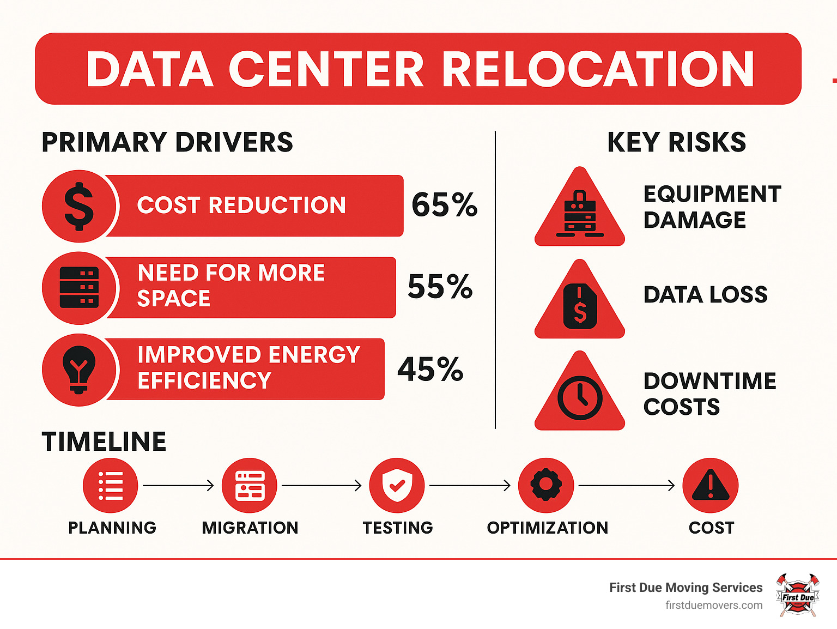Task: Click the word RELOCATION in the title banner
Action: [598, 69]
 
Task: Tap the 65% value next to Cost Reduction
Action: [444, 205]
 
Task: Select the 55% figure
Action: [440, 287]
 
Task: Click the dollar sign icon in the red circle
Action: [79, 206]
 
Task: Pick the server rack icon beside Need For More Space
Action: [79, 287]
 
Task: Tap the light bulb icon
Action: [79, 369]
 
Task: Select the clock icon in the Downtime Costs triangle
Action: [580, 398]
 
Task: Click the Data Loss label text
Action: [705, 295]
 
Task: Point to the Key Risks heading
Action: [676, 142]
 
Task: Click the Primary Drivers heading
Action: [167, 142]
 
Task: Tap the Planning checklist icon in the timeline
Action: [111, 485]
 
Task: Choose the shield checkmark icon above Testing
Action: [397, 485]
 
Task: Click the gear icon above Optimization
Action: [546, 485]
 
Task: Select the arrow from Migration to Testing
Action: [322, 485]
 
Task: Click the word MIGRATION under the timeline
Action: [250, 528]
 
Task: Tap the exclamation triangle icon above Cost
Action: [711, 485]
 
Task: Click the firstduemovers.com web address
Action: [714, 605]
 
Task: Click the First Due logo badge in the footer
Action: [798, 595]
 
